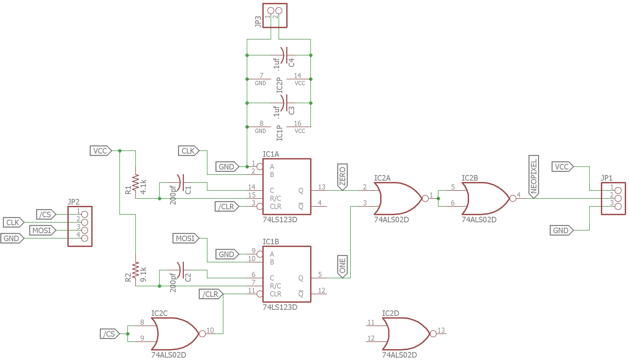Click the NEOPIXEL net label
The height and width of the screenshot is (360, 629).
point(533,177)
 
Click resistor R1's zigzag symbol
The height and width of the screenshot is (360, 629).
point(136,183)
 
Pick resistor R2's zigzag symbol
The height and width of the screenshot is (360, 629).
point(136,270)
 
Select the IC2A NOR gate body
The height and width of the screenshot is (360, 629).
point(398,198)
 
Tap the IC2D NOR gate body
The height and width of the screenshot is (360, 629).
point(406,334)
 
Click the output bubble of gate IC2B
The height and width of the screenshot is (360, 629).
point(513,198)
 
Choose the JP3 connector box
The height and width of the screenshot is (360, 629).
point(275,15)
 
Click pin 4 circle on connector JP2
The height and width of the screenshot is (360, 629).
point(85,238)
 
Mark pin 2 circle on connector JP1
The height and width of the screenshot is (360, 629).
point(618,198)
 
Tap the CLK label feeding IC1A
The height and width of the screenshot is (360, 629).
point(188,151)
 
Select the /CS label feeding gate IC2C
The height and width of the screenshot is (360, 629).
point(110,334)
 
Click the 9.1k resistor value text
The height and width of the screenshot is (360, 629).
point(143,274)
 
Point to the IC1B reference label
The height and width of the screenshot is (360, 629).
point(271,242)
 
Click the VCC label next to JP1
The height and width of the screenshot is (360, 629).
point(562,167)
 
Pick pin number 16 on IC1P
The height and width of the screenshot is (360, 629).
point(298,123)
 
